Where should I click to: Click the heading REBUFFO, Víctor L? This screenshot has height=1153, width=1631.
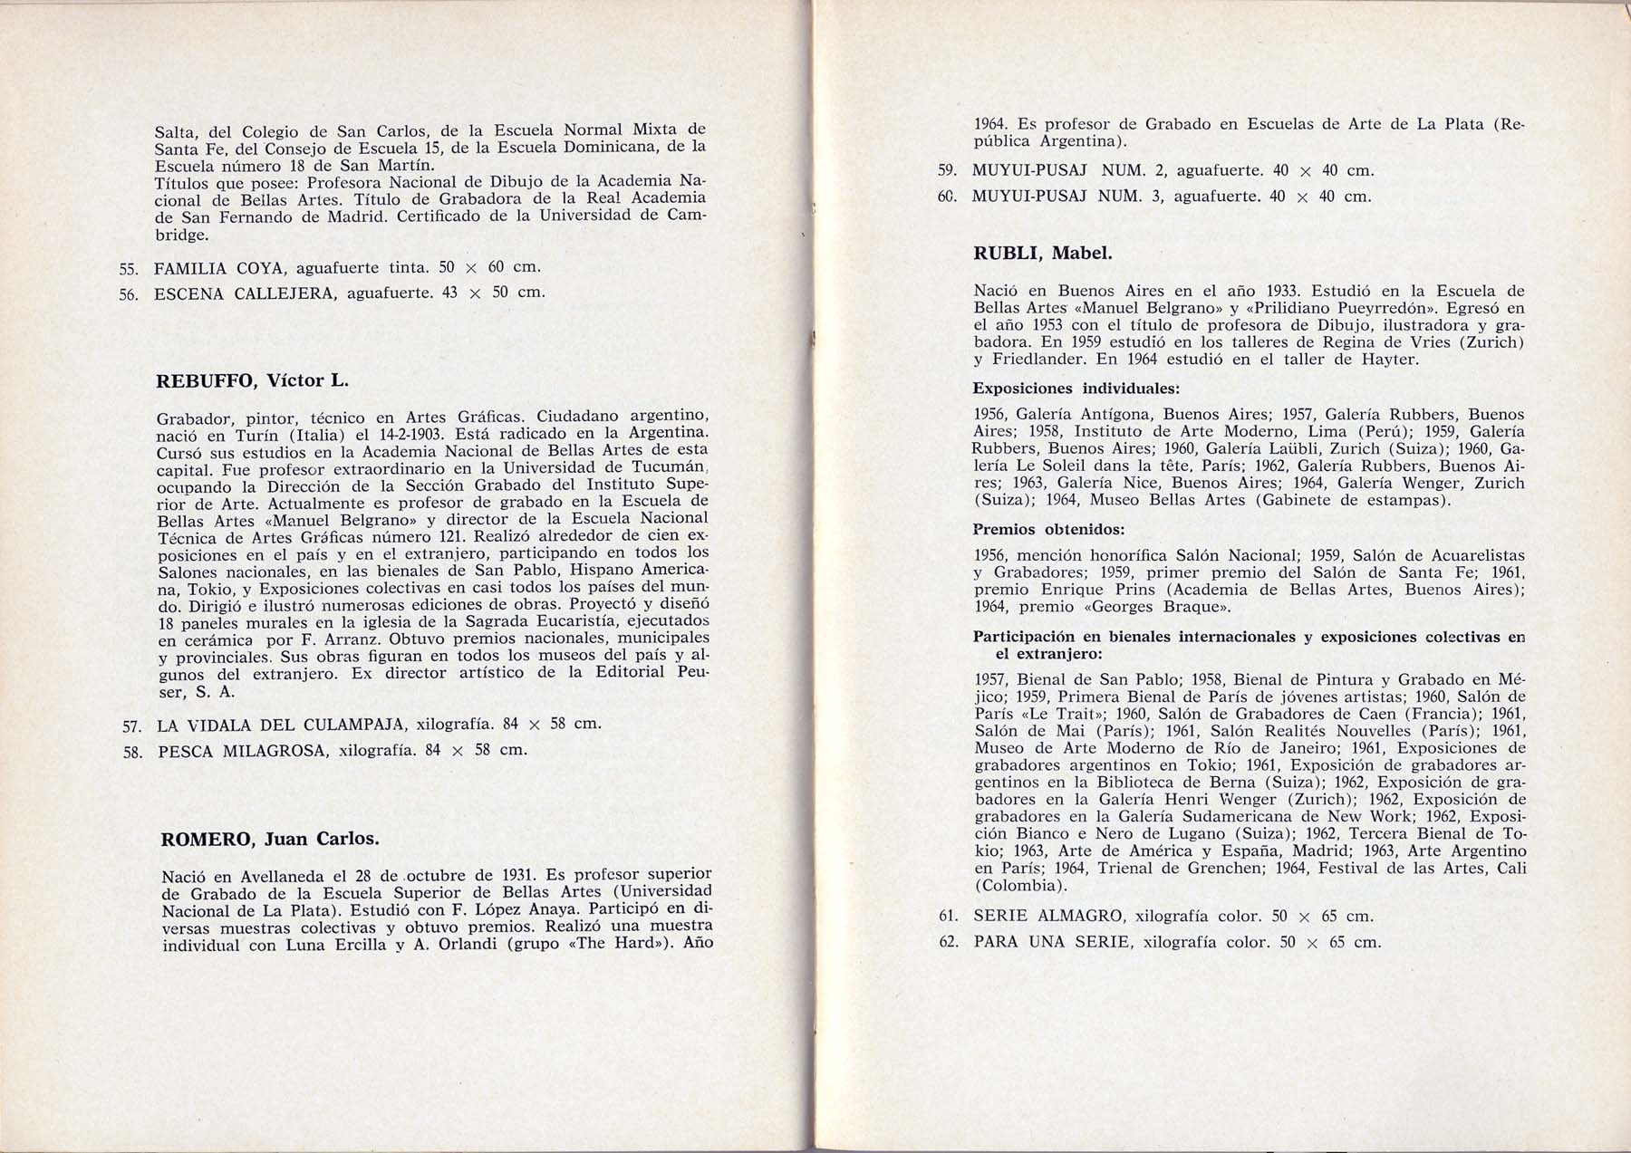pyautogui.click(x=253, y=380)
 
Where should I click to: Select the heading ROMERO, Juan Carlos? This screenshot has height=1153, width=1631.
pyautogui.click(x=269, y=839)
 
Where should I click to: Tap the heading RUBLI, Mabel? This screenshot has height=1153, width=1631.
pyautogui.click(x=1042, y=253)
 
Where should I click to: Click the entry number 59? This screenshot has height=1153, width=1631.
pyautogui.click(x=948, y=170)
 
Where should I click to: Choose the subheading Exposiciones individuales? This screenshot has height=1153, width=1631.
pyautogui.click(x=1076, y=389)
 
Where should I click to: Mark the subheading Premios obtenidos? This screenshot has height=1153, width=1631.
pyautogui.click(x=1048, y=529)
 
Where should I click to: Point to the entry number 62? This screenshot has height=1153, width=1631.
pyautogui.click(x=949, y=942)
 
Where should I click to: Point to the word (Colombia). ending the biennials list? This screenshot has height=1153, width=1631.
pyautogui.click(x=1020, y=886)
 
